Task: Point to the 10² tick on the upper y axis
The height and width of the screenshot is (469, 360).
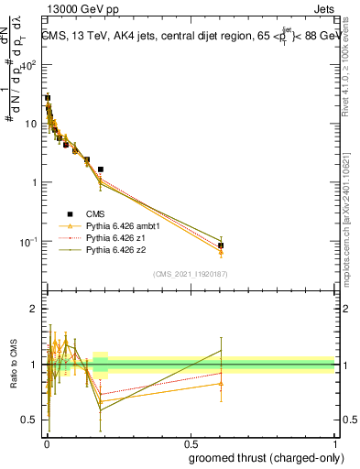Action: (30, 65)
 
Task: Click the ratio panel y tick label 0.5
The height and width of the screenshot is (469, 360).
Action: (30, 420)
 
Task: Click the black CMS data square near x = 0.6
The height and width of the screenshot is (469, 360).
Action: (221, 245)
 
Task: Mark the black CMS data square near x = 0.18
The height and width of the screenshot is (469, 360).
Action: (100, 169)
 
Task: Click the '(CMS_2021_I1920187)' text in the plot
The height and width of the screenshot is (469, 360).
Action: (190, 273)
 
